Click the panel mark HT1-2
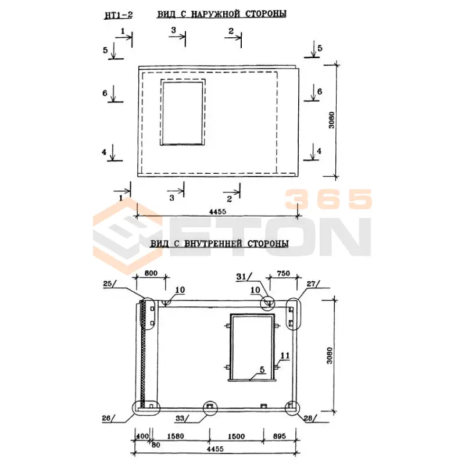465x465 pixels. (118, 15)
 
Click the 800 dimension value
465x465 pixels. (151, 273)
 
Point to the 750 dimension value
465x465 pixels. (283, 273)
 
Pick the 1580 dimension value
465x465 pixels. (176, 437)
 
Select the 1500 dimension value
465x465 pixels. (236, 437)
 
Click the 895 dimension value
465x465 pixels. (280, 437)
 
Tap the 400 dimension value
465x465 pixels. (142, 437)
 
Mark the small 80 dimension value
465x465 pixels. (156, 445)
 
